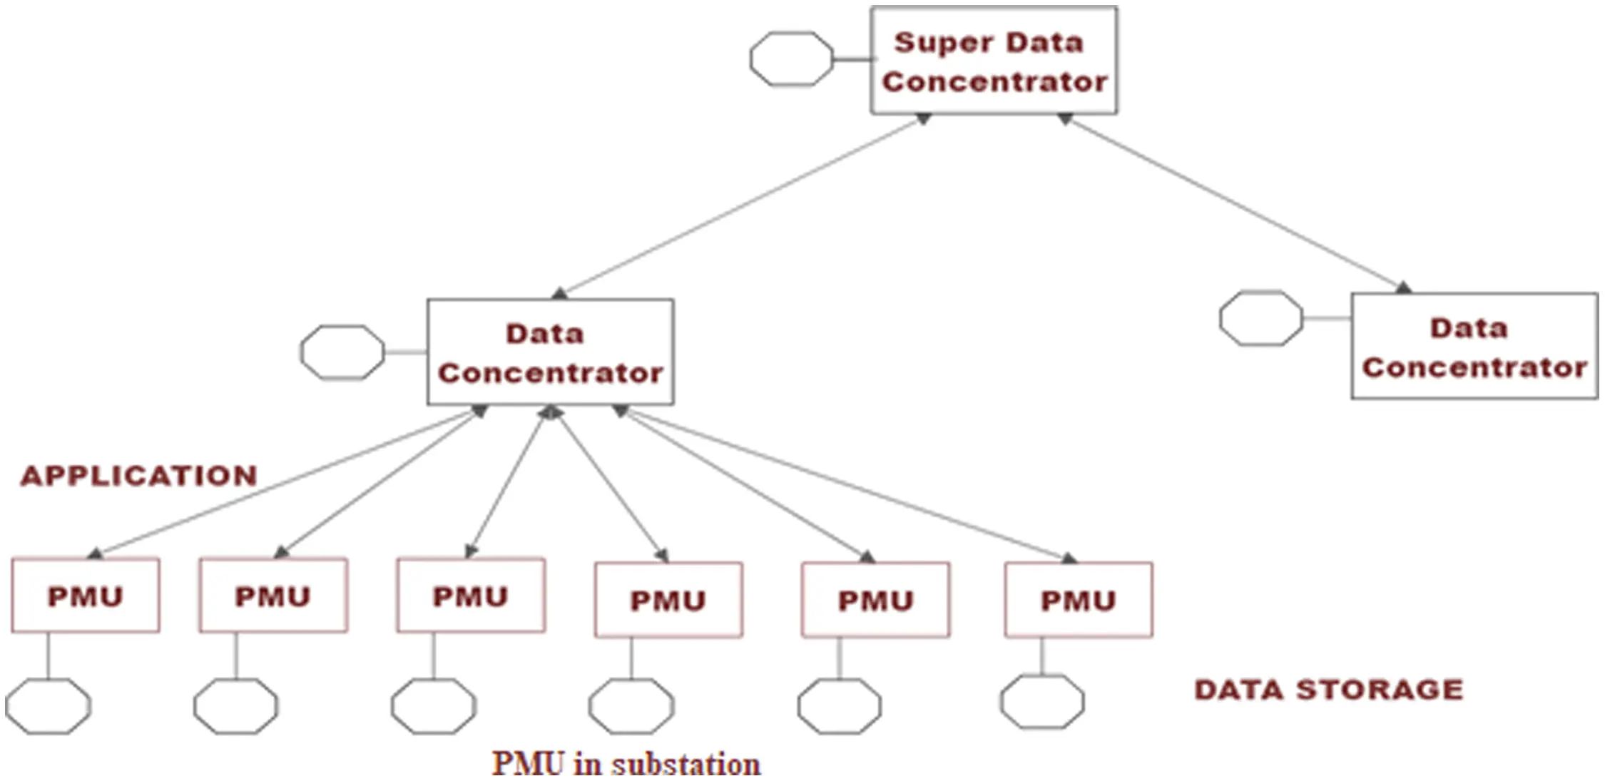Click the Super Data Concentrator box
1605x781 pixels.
(994, 61)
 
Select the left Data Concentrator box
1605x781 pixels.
(550, 352)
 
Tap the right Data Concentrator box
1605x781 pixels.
(1474, 347)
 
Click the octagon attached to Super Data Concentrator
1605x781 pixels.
(791, 58)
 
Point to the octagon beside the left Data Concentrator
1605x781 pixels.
(342, 352)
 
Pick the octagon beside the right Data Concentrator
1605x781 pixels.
(1260, 318)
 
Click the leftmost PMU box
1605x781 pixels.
(86, 596)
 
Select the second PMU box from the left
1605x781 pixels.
(273, 596)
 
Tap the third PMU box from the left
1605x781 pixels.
(471, 596)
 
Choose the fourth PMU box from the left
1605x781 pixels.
(668, 600)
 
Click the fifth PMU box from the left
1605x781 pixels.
(875, 600)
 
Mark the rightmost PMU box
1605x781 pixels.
(1078, 600)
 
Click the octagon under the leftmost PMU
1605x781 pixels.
(48, 706)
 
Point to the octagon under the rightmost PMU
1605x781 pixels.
(1041, 702)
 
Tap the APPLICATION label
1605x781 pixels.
(139, 476)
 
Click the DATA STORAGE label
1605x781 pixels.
(1328, 690)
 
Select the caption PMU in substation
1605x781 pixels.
(626, 763)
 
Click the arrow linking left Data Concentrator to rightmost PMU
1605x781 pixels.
(845, 484)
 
